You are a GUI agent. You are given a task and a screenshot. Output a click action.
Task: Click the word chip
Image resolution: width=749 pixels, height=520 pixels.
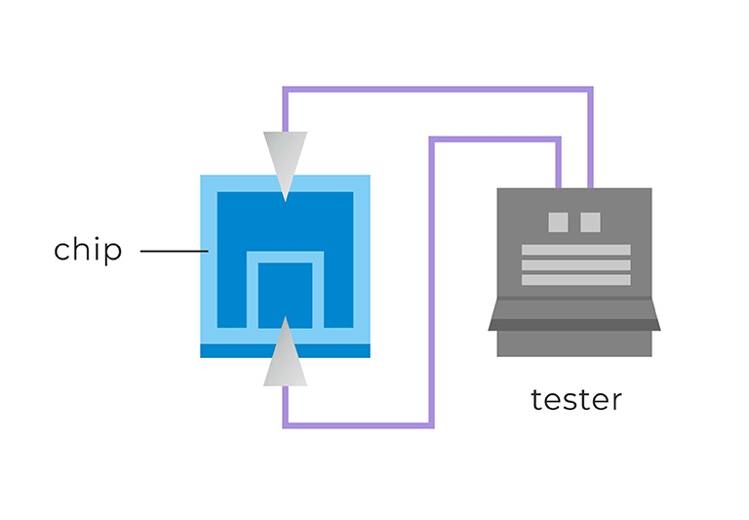pyautogui.click(x=88, y=250)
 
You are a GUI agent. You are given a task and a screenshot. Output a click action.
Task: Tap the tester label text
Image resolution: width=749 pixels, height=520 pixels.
pyautogui.click(x=575, y=400)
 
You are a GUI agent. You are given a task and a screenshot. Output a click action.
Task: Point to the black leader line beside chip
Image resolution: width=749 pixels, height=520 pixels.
pyautogui.click(x=174, y=251)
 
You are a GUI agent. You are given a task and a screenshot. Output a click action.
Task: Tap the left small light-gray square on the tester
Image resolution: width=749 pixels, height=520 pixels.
pyautogui.click(x=558, y=222)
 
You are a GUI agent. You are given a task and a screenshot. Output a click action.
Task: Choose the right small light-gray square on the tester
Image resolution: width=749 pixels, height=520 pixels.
pyautogui.click(x=590, y=222)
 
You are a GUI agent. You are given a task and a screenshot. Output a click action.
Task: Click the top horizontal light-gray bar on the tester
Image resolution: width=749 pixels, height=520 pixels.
pyautogui.click(x=575, y=250)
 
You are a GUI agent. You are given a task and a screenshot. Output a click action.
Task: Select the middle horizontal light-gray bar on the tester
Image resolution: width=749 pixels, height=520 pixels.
pyautogui.click(x=575, y=265)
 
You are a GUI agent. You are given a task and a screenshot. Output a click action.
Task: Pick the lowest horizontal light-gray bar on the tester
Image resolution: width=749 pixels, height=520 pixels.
pyautogui.click(x=575, y=280)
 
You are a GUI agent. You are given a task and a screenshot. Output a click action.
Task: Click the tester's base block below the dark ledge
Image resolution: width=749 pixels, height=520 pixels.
pyautogui.click(x=574, y=343)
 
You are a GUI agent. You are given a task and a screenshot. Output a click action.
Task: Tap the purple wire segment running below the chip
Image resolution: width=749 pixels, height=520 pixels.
pyautogui.click(x=357, y=425)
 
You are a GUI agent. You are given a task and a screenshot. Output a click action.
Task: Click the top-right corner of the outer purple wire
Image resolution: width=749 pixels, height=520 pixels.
pyautogui.click(x=590, y=90)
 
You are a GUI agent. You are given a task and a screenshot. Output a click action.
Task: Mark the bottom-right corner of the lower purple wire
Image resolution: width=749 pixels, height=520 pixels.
pyautogui.click(x=431, y=425)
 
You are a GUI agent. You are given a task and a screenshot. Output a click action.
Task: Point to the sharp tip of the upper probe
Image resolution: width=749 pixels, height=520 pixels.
pyautogui.click(x=285, y=200)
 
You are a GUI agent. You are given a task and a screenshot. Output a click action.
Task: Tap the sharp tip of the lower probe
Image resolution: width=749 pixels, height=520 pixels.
pyautogui.click(x=285, y=318)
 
